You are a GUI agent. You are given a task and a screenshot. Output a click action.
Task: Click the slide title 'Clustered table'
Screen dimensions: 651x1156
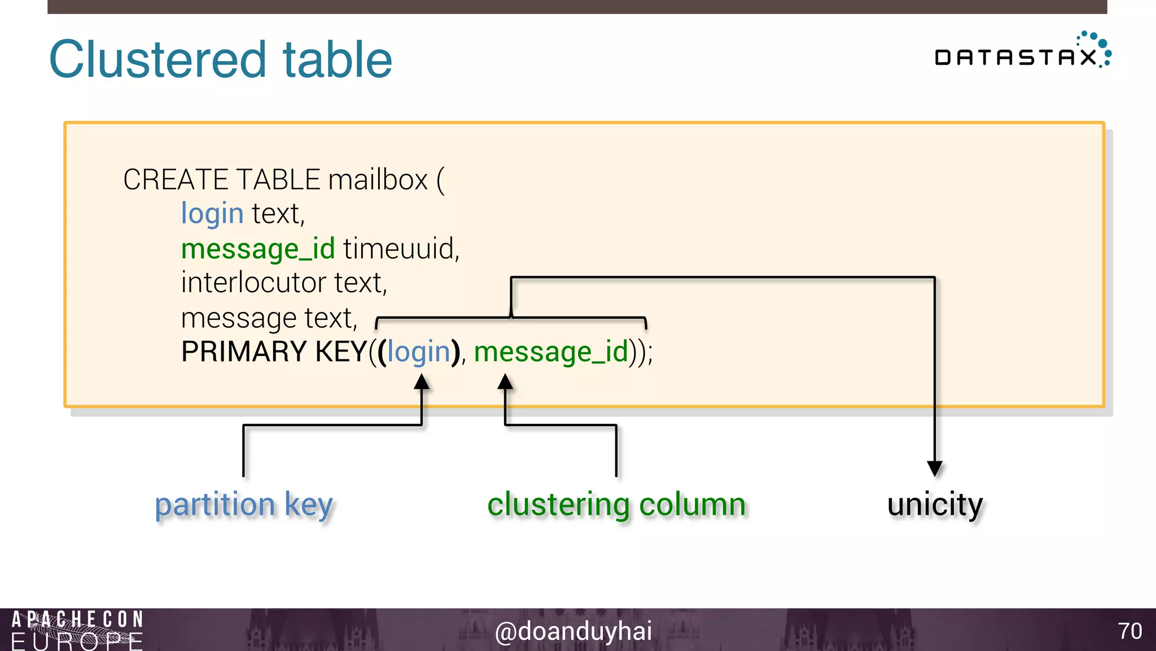[x=220, y=60]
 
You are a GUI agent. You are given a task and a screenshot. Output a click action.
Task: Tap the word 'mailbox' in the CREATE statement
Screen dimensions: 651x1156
[x=378, y=180]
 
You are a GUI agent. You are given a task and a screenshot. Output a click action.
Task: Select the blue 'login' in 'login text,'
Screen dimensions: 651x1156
[x=212, y=214]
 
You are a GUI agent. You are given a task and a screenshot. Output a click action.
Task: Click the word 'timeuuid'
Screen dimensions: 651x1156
[x=400, y=249]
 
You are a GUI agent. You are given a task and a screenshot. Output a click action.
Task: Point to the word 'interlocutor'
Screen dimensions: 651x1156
[x=253, y=283]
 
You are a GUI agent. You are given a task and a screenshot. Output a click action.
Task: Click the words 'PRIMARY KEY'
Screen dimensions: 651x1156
[x=274, y=351]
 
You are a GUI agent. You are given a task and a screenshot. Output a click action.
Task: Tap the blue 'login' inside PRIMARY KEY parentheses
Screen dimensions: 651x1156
[x=418, y=351]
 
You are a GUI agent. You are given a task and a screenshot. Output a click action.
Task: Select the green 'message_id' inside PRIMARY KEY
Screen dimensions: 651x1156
[x=551, y=351]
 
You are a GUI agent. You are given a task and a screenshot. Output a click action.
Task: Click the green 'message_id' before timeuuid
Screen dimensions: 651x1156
[x=258, y=249]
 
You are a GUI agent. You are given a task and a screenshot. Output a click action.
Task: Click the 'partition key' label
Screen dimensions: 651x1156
[x=244, y=505]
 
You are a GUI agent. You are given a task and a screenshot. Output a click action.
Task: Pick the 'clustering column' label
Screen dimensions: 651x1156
[x=616, y=505]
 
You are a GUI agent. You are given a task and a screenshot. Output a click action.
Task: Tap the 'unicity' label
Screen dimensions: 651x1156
[x=935, y=505]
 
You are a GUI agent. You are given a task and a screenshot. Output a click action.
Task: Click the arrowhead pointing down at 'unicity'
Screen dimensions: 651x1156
[x=935, y=468]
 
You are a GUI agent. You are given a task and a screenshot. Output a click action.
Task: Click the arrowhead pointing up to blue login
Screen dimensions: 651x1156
[x=422, y=383]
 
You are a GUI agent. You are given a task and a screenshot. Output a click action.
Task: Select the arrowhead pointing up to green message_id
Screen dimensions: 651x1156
[x=505, y=383]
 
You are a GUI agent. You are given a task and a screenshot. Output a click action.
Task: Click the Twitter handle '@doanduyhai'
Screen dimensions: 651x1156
[x=573, y=631]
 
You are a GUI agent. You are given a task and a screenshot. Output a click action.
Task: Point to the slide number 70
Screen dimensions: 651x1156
[x=1130, y=631]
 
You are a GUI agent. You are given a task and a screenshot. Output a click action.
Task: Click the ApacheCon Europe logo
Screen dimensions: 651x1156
[x=77, y=630]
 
